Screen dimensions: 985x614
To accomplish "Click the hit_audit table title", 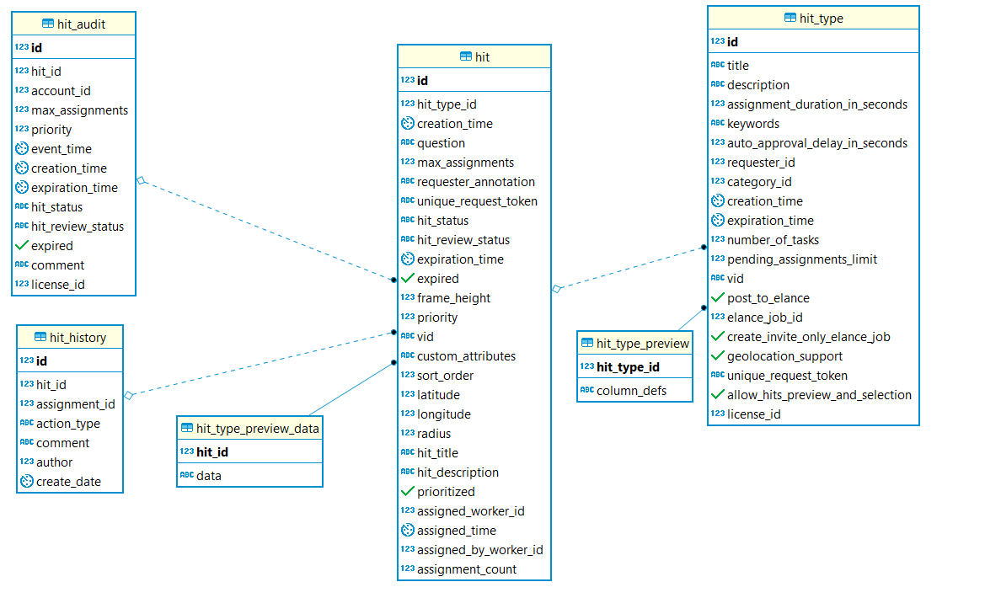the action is point(81,24).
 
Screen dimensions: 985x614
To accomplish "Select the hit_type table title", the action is point(821,19).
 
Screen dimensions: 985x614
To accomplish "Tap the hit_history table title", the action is point(78,338).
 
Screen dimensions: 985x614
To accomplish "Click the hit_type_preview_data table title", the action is point(258,429).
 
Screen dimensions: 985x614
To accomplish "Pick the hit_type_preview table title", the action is point(643,344).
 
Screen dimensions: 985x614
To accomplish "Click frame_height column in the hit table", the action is point(453,298).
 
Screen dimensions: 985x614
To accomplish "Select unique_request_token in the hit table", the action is point(478,201).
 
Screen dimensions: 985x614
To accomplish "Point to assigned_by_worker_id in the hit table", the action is point(480,550).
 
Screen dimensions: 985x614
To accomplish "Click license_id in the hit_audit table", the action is point(58,285).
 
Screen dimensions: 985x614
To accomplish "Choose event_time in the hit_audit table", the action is point(62,149).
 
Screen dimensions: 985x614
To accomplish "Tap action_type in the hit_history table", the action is point(68,424).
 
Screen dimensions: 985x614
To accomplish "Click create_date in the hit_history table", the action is point(68,482).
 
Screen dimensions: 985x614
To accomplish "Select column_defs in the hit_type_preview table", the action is point(631,391).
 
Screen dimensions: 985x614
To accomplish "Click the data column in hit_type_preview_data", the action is point(209,476).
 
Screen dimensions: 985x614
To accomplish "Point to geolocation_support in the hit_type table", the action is point(784,356).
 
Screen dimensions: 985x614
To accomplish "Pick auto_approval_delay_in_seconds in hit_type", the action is point(817,143).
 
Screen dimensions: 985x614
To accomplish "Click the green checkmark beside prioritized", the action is point(408,491).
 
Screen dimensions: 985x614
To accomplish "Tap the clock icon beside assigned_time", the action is point(408,531).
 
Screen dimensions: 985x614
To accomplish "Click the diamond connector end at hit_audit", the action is point(141,180).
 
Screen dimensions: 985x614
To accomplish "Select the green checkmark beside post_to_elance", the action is point(718,297).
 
